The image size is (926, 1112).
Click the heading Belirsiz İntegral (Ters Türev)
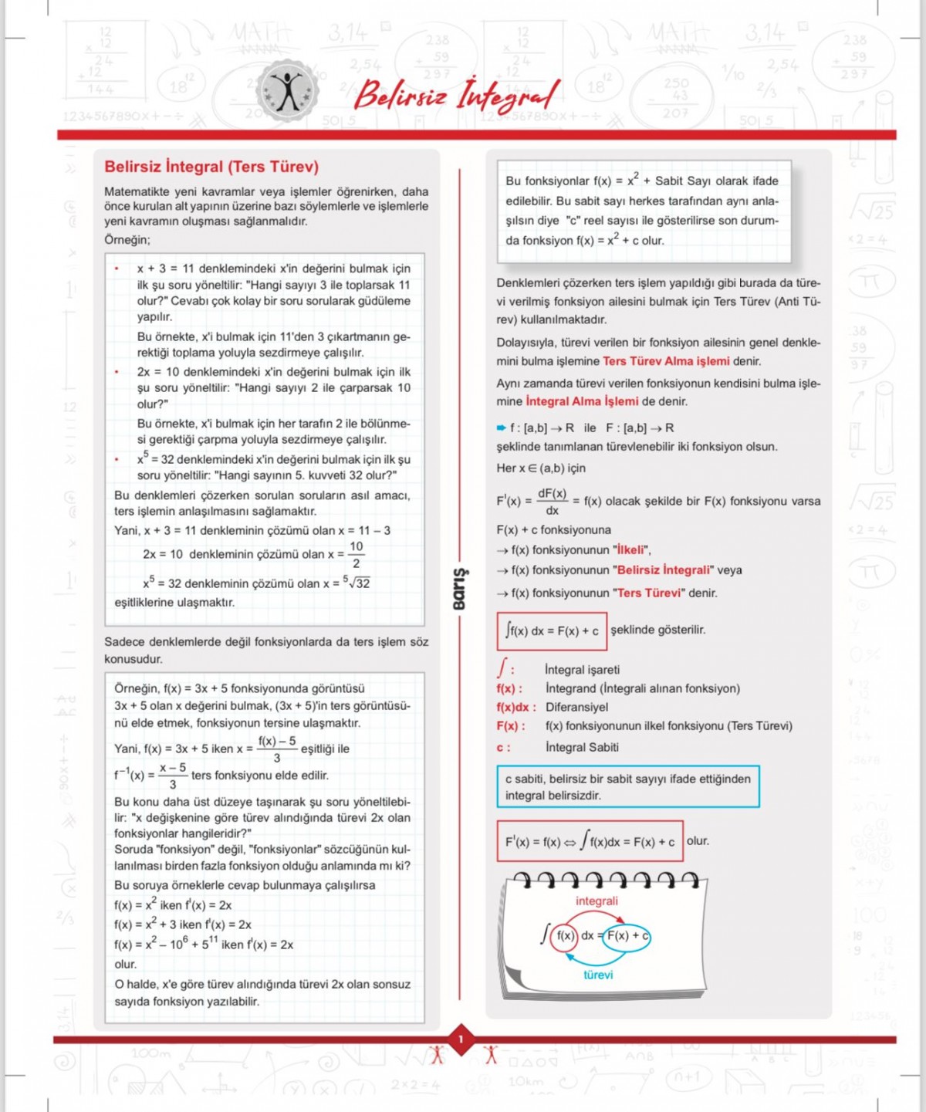pyautogui.click(x=211, y=167)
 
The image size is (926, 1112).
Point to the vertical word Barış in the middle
pyautogui.click(x=460, y=589)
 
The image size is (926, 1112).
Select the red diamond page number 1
pyautogui.click(x=461, y=1039)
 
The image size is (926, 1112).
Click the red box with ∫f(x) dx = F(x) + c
pyautogui.click(x=552, y=631)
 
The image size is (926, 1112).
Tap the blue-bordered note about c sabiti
pyautogui.click(x=627, y=787)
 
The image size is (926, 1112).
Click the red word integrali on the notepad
pyautogui.click(x=596, y=901)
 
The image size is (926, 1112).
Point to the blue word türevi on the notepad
pyautogui.click(x=598, y=975)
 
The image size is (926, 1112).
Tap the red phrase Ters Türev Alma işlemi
pyautogui.click(x=666, y=361)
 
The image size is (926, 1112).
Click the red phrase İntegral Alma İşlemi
pyautogui.click(x=582, y=401)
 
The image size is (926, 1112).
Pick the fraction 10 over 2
pyautogui.click(x=356, y=555)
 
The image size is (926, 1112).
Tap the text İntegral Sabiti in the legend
pyautogui.click(x=582, y=747)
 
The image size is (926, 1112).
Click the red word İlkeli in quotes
pyautogui.click(x=631, y=550)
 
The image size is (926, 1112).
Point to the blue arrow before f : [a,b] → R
pyautogui.click(x=502, y=428)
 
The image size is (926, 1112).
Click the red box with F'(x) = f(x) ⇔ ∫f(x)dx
pyautogui.click(x=590, y=841)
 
